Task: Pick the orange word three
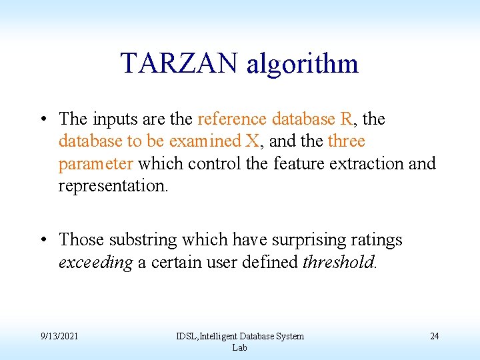tap(346, 141)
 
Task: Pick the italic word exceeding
tap(96, 263)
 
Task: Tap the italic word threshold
tap(339, 262)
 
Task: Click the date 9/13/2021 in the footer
tap(59, 336)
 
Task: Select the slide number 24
tap(434, 336)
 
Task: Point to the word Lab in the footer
tap(239, 348)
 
